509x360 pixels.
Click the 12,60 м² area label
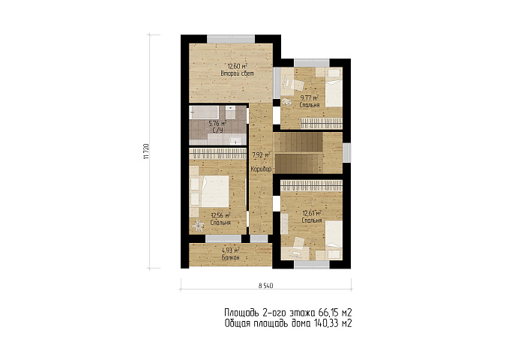point(237,66)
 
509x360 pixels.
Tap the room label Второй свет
point(237,73)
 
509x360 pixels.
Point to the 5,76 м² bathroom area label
point(217,124)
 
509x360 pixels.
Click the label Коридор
point(261,169)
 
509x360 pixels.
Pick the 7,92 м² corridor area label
point(262,155)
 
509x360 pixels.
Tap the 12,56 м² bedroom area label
point(220,215)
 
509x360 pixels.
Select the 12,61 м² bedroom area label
point(312,213)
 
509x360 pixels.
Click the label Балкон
point(231,258)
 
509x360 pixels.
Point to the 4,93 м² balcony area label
point(231,250)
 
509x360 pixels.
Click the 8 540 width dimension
point(265,286)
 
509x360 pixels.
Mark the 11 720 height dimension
point(146,151)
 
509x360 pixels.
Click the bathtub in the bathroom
point(205,112)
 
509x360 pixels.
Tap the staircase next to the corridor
point(298,153)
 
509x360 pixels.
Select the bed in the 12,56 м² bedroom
point(215,191)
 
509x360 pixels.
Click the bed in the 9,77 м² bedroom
point(334,88)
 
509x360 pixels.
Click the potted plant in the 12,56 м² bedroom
point(198,224)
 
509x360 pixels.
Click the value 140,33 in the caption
point(325,323)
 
